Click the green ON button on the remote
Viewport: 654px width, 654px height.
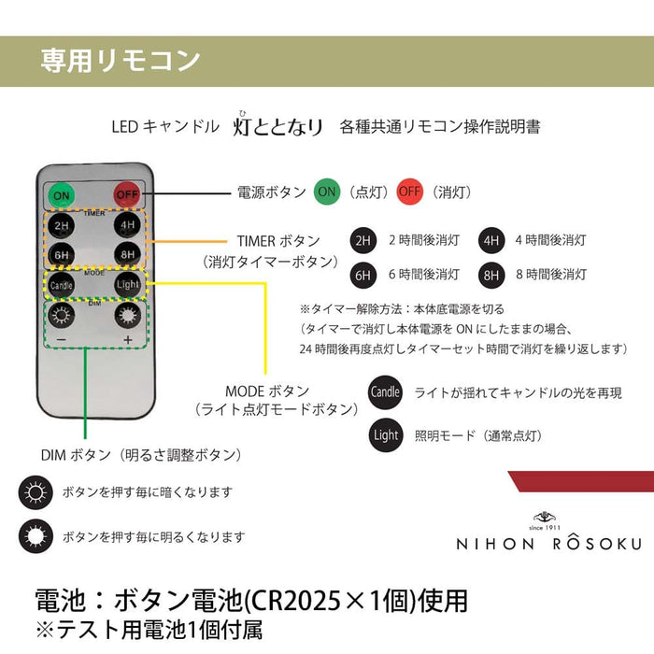click(x=63, y=195)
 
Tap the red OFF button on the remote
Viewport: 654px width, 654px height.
click(x=127, y=195)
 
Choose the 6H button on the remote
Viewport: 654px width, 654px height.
click(x=63, y=254)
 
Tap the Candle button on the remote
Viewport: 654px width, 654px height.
click(x=63, y=284)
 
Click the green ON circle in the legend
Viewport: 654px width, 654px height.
click(x=327, y=192)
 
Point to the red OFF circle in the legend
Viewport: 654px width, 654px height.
click(x=409, y=192)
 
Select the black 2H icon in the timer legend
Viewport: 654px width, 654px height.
click(x=363, y=240)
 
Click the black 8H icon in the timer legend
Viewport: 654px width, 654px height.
click(x=490, y=275)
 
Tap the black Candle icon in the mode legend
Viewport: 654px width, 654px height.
click(x=385, y=392)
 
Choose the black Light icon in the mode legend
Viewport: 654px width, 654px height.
click(x=385, y=434)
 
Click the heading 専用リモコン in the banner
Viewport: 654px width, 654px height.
click(x=121, y=61)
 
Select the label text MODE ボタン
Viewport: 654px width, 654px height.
click(x=267, y=391)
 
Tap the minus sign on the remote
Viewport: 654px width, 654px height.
click(x=62, y=340)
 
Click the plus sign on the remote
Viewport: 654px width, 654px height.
click(x=127, y=340)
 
